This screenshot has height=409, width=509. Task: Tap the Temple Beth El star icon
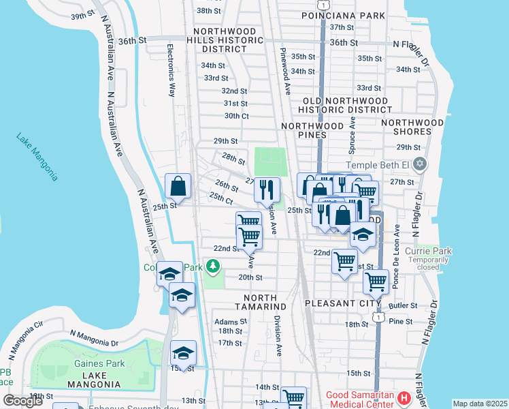(x=420, y=164)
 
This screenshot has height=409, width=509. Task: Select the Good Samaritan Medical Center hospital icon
(x=404, y=397)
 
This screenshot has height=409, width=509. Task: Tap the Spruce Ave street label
(x=352, y=133)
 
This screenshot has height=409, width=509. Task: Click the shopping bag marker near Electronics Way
(x=178, y=186)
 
